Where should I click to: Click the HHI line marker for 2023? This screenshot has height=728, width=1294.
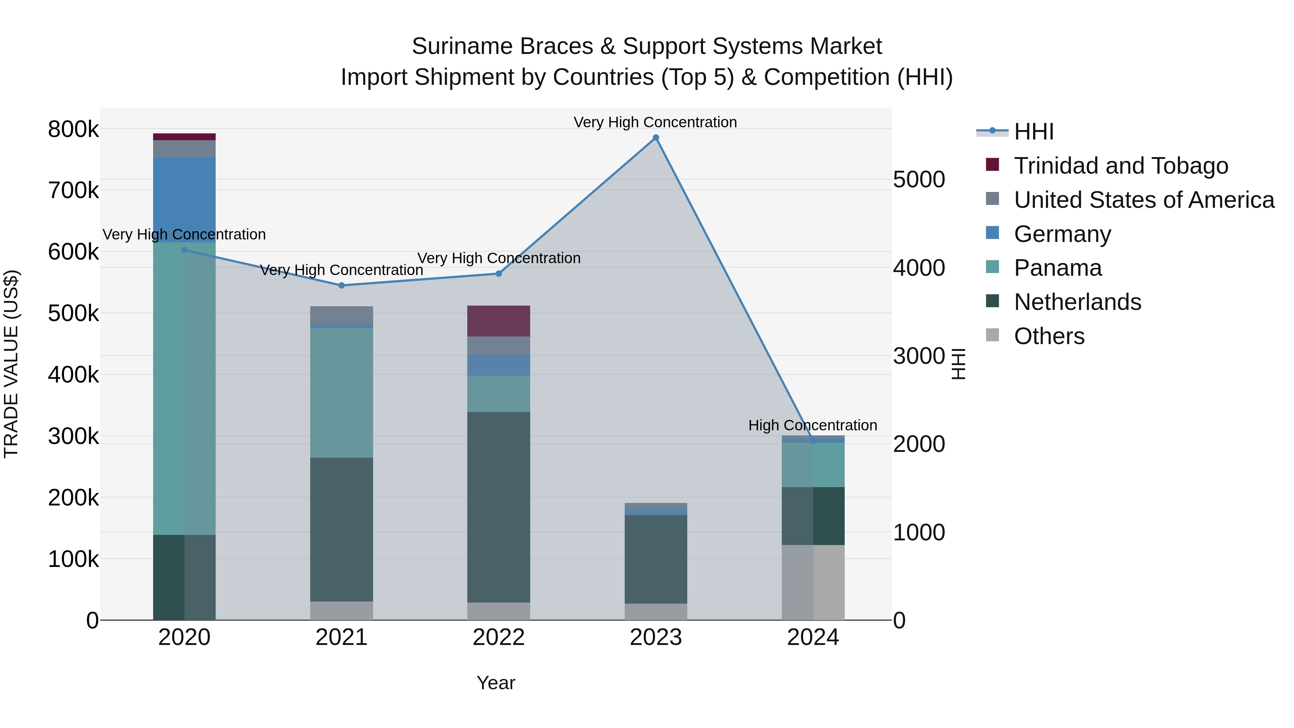coord(656,138)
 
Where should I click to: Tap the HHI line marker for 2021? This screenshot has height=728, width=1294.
coord(341,285)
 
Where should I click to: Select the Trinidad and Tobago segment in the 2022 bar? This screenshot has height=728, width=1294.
coord(498,321)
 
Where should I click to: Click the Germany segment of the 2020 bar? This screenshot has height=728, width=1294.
coord(184,200)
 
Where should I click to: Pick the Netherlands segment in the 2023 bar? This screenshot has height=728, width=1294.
coord(656,559)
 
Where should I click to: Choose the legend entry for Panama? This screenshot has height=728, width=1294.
coord(1057,268)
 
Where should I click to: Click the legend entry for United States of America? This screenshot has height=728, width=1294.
coord(1144,200)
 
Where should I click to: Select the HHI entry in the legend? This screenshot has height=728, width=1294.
coord(1033,132)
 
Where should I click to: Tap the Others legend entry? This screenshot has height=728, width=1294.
coord(1049,336)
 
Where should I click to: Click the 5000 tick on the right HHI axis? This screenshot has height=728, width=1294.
coord(919,180)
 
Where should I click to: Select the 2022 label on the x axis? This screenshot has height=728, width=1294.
coord(498,637)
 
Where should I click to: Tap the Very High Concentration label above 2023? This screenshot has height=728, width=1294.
coord(655,122)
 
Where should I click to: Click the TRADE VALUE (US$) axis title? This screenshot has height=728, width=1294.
coord(12,364)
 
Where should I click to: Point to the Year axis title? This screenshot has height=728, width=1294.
coord(496,683)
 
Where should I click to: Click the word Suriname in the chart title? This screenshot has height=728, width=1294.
coord(462,46)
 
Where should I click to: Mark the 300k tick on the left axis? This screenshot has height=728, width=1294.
coord(73,436)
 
